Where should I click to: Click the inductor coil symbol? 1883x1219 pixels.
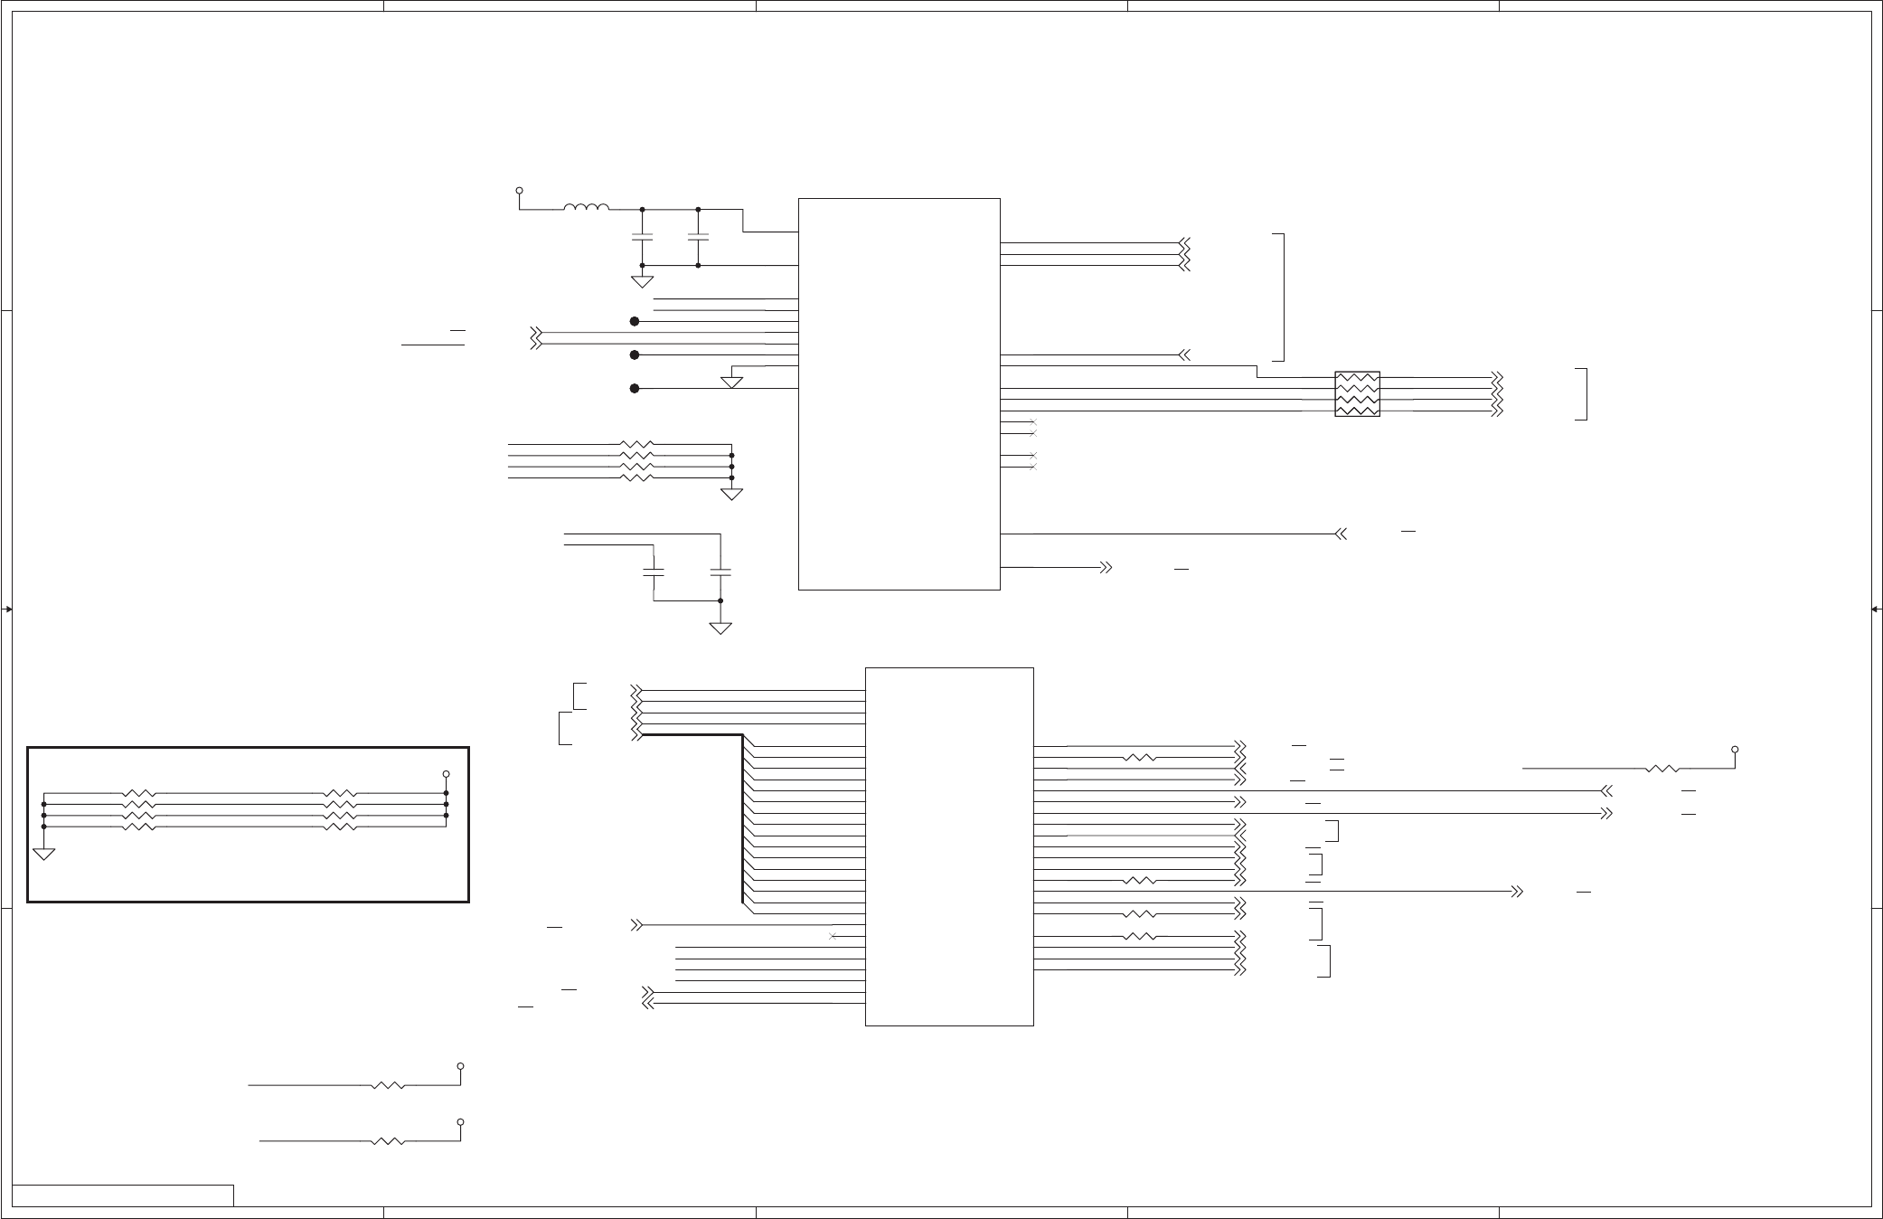(x=586, y=208)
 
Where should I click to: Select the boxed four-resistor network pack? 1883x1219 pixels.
(x=1357, y=393)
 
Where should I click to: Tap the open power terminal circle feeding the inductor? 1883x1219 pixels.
(x=519, y=191)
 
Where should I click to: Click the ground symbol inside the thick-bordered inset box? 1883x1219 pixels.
(x=43, y=853)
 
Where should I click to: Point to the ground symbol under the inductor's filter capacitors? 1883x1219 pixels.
(x=642, y=281)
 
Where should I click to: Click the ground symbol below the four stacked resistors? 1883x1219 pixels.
(x=731, y=494)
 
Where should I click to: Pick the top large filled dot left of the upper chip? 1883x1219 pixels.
(x=635, y=321)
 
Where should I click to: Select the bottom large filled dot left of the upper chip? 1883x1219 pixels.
(x=635, y=389)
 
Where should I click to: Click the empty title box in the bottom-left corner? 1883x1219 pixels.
(x=123, y=1195)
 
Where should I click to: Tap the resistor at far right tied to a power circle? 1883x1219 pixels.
(x=1662, y=769)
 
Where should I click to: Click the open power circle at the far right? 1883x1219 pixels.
(x=1735, y=750)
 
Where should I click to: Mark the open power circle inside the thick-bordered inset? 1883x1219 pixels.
(x=446, y=775)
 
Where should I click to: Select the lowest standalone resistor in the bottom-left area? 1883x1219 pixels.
(x=388, y=1141)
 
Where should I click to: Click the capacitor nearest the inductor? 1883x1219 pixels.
(x=642, y=236)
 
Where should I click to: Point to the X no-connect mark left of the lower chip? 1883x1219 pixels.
(x=832, y=936)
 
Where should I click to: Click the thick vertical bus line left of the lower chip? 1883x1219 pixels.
(x=742, y=818)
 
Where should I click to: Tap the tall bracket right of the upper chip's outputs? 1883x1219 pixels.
(x=1282, y=297)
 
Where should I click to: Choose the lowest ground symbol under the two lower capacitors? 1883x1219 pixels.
(x=720, y=628)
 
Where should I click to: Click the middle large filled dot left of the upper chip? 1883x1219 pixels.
(x=635, y=355)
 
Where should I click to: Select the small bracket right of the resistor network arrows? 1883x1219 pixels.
(x=1585, y=394)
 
